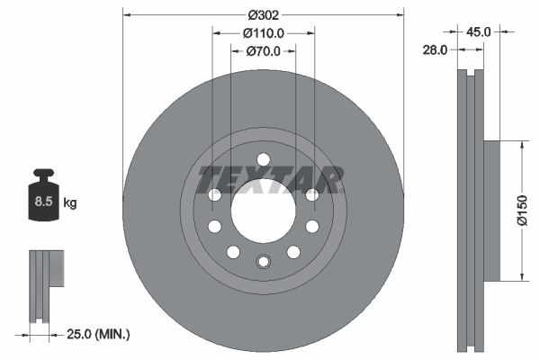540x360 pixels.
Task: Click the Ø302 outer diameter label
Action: pyautogui.click(x=264, y=14)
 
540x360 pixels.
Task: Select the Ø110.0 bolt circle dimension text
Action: pyautogui.click(x=264, y=32)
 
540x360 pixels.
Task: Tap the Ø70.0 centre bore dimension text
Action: pyautogui.click(x=264, y=51)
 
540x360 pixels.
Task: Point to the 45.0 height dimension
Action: pyautogui.click(x=478, y=31)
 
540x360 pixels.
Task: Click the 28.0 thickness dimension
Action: pyautogui.click(x=436, y=50)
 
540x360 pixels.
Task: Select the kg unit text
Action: pyautogui.click(x=70, y=202)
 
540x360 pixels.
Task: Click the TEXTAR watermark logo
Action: pyautogui.click(x=270, y=179)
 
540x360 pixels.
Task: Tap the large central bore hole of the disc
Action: pyautogui.click(x=263, y=211)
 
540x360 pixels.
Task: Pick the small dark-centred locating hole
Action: pyautogui.click(x=263, y=262)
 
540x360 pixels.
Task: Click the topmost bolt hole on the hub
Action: pyautogui.click(x=263, y=160)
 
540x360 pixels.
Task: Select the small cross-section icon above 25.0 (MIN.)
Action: pyautogui.click(x=47, y=284)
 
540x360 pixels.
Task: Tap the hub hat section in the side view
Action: pyautogui.click(x=491, y=210)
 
